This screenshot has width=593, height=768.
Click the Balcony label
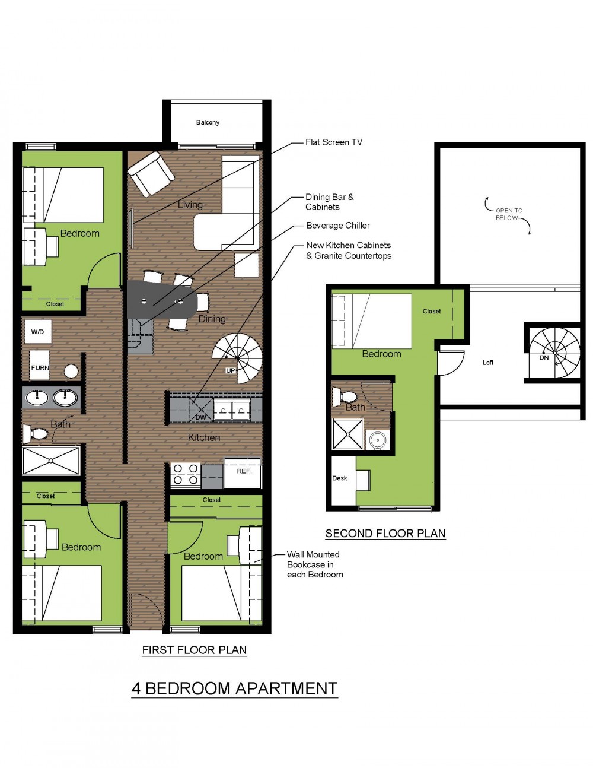tap(208, 123)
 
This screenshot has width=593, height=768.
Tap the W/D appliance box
tap(38, 332)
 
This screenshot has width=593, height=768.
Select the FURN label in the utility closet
tap(40, 367)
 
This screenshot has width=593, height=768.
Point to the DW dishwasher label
tap(201, 417)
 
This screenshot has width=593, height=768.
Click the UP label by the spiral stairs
tap(231, 370)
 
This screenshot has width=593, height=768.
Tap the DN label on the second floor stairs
tap(544, 358)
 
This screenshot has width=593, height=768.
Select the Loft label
tap(488, 363)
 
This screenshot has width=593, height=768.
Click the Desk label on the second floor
tap(340, 478)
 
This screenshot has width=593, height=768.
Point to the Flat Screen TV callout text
tap(334, 142)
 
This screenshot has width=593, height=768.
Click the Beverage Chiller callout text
tap(338, 226)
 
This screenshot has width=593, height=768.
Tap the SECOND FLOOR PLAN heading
tap(385, 534)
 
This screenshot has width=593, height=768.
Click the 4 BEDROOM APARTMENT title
tap(234, 688)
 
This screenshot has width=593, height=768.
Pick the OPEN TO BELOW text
tap(509, 214)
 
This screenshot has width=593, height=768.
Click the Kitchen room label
tap(204, 437)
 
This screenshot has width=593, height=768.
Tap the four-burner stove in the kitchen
tap(186, 474)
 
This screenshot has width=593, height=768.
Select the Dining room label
tap(212, 319)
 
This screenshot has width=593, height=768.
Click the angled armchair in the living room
tap(151, 174)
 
